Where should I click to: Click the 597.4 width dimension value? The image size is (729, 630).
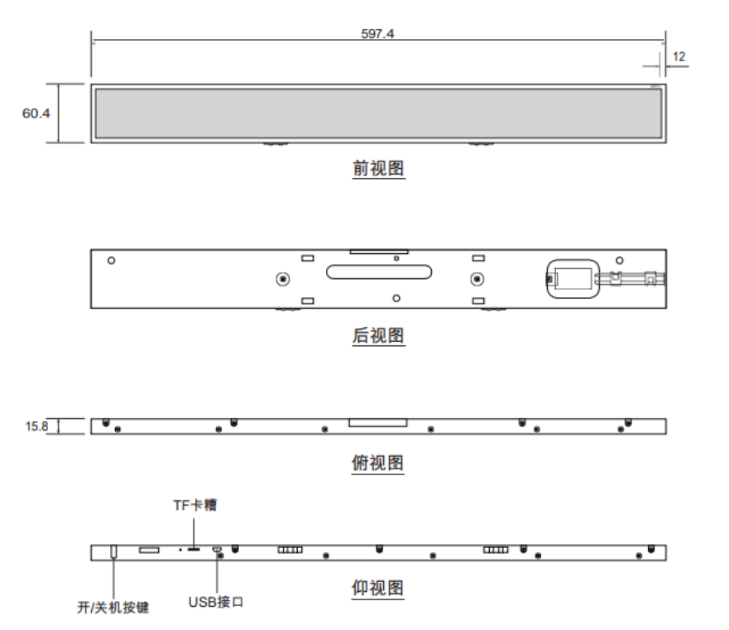coord(377,33)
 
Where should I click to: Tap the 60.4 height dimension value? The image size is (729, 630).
coord(36,113)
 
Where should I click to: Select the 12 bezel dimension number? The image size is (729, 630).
coord(679,57)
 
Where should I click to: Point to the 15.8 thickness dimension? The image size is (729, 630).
coord(36,426)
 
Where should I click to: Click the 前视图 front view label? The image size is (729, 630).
coord(378,168)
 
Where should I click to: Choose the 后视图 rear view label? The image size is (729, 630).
coord(378,335)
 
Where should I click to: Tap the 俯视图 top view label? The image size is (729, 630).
coord(377,463)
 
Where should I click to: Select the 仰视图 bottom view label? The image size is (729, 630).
coord(377,588)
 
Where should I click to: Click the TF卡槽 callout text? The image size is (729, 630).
coord(194,505)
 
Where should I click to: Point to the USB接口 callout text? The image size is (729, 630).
coord(216,602)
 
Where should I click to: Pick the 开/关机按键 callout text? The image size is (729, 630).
coord(113,607)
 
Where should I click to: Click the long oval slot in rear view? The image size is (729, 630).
coord(379,272)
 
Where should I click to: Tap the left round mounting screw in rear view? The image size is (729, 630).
coord(283,279)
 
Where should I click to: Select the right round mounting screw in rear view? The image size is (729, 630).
coord(477,279)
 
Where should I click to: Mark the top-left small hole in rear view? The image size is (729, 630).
coord(111,261)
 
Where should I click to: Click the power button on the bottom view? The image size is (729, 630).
coord(113,551)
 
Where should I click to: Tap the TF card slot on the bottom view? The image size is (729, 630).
coord(194,550)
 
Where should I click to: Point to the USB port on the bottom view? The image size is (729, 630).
coord(217,549)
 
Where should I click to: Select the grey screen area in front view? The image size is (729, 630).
coord(378,113)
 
